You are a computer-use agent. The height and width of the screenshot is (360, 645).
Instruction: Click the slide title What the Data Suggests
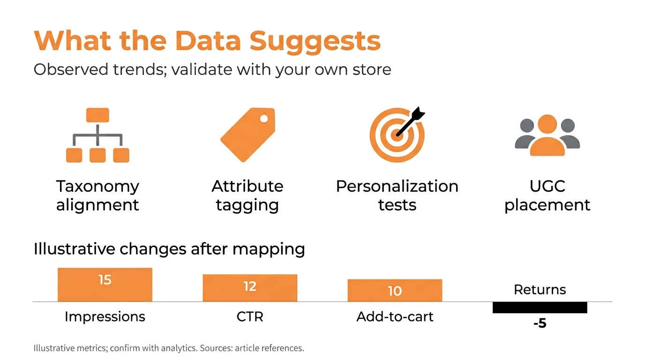click(x=207, y=41)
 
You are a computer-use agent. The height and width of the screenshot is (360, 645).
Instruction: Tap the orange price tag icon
click(x=247, y=135)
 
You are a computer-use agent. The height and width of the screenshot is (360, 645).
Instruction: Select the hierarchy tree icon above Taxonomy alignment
click(x=97, y=135)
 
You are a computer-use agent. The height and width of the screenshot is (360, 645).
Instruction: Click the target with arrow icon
click(x=397, y=135)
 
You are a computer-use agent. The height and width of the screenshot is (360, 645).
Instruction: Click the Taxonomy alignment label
click(x=97, y=195)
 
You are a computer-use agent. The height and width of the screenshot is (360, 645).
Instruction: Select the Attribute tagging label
click(x=247, y=195)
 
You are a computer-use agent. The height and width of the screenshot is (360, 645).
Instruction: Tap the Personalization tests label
click(x=397, y=195)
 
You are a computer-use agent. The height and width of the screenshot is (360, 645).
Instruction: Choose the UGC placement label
click(x=547, y=195)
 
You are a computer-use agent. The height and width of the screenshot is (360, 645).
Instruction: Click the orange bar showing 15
click(x=105, y=285)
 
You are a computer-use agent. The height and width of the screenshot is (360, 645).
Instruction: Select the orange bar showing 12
click(x=250, y=288)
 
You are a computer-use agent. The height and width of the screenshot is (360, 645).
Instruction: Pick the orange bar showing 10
click(x=395, y=290)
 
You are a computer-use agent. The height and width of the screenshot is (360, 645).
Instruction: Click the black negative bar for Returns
click(x=540, y=307)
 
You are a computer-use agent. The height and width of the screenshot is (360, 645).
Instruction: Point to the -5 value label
click(x=540, y=323)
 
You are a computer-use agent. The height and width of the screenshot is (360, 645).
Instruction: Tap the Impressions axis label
click(x=105, y=316)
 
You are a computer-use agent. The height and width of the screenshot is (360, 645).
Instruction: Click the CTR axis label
click(x=250, y=316)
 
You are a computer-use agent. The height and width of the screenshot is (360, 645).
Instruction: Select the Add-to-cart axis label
click(x=395, y=316)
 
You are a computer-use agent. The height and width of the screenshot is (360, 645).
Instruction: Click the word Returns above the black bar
click(x=540, y=290)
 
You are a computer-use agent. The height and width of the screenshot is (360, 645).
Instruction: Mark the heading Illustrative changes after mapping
click(x=169, y=248)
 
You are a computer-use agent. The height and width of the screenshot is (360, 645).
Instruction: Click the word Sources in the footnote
click(x=217, y=348)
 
